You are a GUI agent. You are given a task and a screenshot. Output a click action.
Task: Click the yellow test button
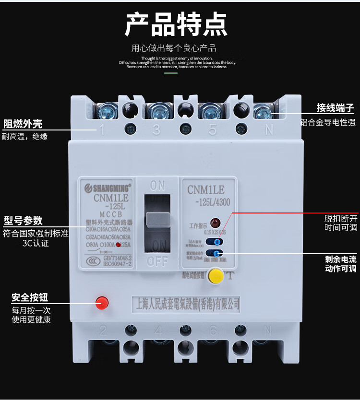(x=216, y=276)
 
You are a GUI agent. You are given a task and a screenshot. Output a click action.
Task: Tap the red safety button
(x=102, y=302)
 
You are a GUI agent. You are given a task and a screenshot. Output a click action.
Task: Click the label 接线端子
(x=335, y=107)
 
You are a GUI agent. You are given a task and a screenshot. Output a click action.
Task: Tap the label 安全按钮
(x=30, y=297)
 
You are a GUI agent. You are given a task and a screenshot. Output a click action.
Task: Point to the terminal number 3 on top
(x=156, y=130)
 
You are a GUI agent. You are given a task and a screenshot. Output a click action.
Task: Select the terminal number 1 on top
(x=102, y=130)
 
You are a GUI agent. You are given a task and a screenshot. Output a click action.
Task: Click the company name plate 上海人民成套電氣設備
(x=185, y=304)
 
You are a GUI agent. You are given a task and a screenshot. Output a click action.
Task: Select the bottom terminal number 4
(x=157, y=330)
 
